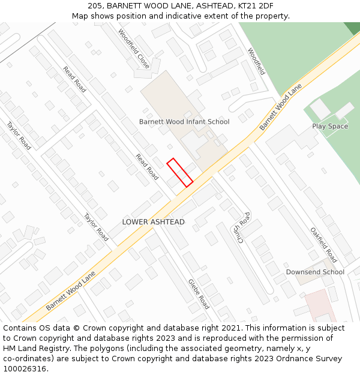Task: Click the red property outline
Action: coord(179,172)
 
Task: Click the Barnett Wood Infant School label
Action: coord(184,122)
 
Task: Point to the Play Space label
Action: coord(330,127)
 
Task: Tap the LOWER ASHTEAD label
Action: coord(154,222)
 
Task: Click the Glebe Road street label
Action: coord(199,294)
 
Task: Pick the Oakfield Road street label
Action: coord(324,245)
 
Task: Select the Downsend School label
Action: coord(315,272)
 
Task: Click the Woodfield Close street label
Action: coord(134,49)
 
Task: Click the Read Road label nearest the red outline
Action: coord(147,167)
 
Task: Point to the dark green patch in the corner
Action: coord(352,27)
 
